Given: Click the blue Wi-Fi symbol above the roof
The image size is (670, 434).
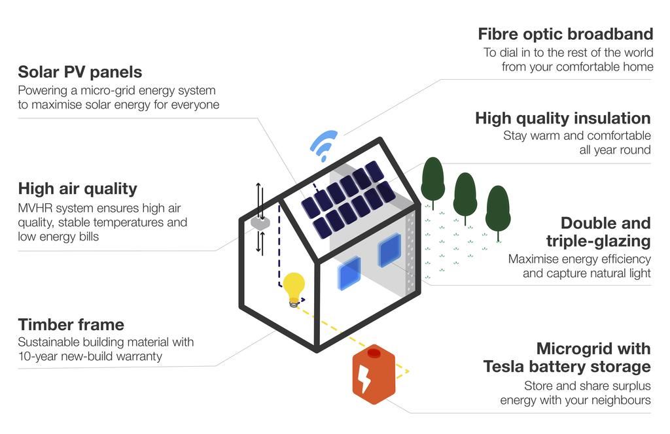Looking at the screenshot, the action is pos(323,146).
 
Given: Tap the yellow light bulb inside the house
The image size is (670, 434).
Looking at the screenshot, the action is pos(294,289).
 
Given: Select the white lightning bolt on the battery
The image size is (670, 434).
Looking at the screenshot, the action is pos(364,378).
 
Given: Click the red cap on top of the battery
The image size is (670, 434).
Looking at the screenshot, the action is pos(374,353).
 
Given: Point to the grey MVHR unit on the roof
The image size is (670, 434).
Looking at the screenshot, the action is pos(260,222).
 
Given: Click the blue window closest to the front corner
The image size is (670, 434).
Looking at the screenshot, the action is pos(349,274).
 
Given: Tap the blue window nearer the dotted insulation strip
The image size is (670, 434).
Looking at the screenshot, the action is pos(389,250).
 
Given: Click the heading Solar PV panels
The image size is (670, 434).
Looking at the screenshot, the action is pos(80,72).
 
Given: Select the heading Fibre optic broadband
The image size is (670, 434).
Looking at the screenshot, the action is pos(565,34).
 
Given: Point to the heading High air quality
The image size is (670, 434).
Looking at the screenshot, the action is pos(78,189).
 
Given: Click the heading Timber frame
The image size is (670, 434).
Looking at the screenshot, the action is pos(71,325).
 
